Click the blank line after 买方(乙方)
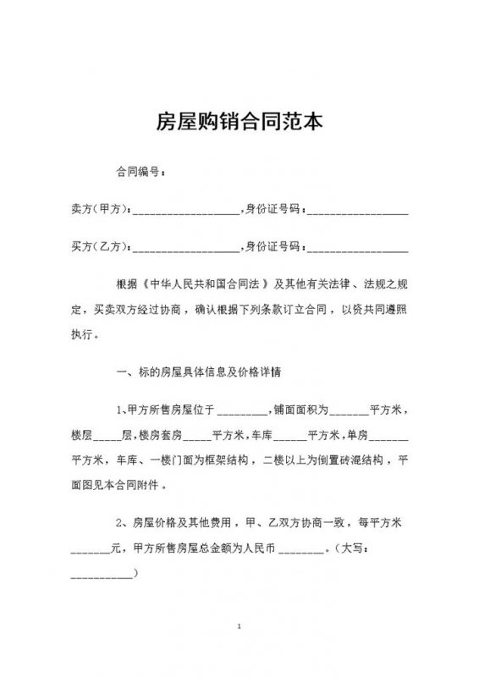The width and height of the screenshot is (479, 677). pyautogui.click(x=186, y=250)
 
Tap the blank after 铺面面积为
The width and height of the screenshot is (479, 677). pyautogui.click(x=348, y=414)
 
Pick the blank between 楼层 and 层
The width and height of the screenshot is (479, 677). pyautogui.click(x=107, y=439)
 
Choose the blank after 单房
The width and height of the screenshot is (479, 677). pyautogui.click(x=390, y=439)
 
